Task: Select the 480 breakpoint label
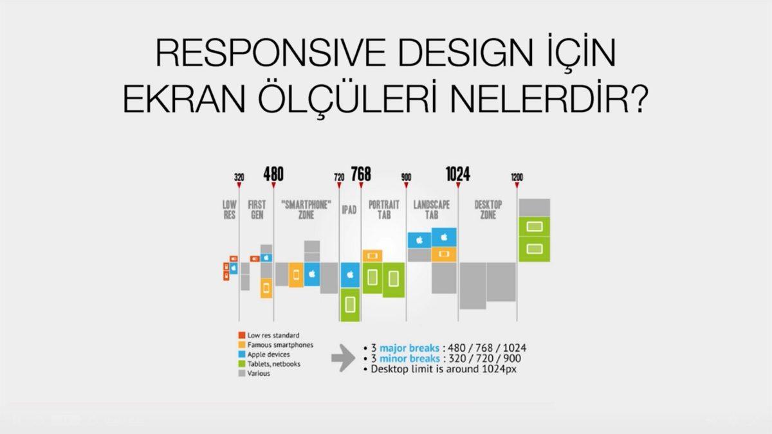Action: pos(273,174)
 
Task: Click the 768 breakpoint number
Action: pos(361,174)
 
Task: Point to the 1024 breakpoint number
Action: pos(457,174)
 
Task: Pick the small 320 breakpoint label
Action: pos(239,177)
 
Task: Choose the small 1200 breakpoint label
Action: pos(517,177)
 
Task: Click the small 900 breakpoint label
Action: pos(407,177)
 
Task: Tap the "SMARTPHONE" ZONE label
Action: pos(306,210)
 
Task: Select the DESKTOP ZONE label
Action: pos(488,210)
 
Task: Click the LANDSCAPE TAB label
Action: pos(432,210)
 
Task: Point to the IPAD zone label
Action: pos(349,210)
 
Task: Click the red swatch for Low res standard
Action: pos(242,335)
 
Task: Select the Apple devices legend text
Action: pos(268,354)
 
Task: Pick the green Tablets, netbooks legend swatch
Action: pos(242,364)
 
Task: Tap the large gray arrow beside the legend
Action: pos(343,358)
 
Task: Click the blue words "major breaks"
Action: pos(409,348)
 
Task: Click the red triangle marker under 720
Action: pos(339,185)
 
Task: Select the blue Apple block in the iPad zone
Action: pos(350,275)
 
